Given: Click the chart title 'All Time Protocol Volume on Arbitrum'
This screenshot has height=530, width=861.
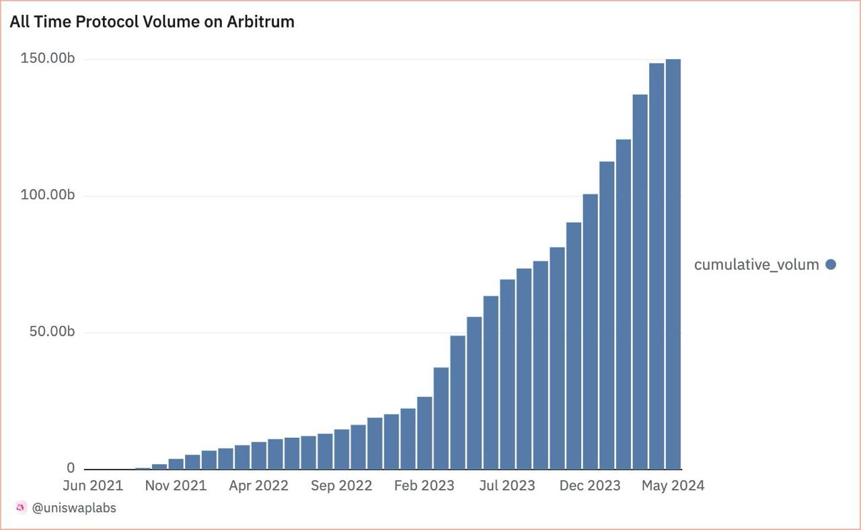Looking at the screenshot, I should point(152,22).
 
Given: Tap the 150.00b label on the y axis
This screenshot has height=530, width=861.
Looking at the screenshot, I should point(47,59).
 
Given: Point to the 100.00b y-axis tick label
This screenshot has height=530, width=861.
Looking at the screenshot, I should point(47,196).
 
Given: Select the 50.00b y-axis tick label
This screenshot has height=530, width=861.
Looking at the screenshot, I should point(51,332).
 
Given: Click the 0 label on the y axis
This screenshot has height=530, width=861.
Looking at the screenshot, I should point(71,468).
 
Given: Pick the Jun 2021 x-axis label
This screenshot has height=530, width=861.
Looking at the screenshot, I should point(93,486).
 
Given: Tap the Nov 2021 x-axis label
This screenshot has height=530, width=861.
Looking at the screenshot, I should point(176,486).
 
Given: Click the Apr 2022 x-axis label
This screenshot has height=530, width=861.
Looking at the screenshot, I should point(258,486).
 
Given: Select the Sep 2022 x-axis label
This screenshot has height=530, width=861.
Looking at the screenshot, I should point(341,486).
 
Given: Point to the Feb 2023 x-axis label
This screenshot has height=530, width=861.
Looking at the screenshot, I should point(424,486).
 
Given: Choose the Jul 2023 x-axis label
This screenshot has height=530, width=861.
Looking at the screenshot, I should point(507,486).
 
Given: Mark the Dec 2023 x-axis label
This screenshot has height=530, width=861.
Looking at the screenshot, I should point(590,486).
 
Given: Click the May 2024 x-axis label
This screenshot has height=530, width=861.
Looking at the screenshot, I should point(673,486).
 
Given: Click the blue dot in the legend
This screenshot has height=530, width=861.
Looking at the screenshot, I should point(831,264).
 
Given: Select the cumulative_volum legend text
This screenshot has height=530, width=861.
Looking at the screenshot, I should point(756,264).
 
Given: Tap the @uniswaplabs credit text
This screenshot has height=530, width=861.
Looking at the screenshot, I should point(74,508).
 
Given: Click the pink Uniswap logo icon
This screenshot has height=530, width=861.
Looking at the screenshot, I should point(21,508).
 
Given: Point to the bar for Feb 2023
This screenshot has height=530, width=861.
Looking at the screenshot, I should point(424,433).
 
